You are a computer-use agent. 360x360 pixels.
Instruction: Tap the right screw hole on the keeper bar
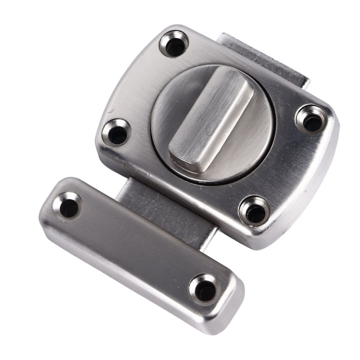click(x=204, y=288)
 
